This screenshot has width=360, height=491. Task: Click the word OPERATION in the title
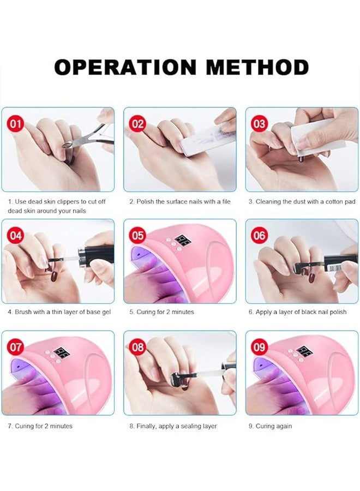pyautogui.click(x=125, y=67)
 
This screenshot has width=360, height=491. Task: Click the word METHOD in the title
pyautogui.click(x=257, y=67)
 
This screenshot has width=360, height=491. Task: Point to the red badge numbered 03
pyautogui.click(x=259, y=124)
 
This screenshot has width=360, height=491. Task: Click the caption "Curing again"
pyautogui.click(x=273, y=426)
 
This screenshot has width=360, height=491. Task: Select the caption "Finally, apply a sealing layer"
pyautogui.click(x=173, y=426)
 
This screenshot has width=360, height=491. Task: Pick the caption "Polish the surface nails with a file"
pyautogui.click(x=179, y=201)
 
